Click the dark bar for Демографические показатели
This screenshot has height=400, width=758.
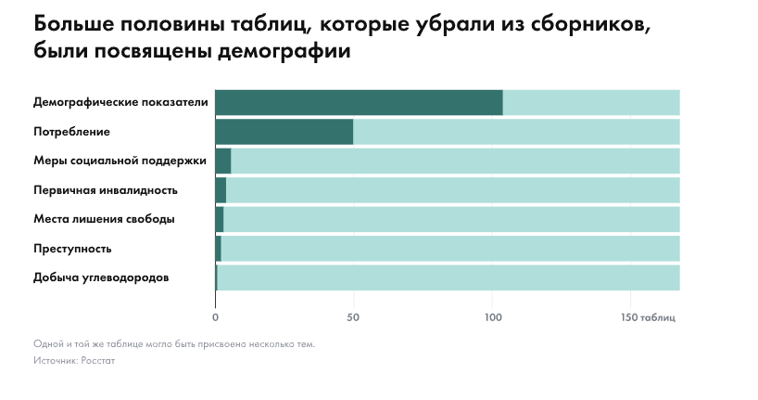[x=359, y=103]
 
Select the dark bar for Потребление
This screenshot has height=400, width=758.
[x=284, y=132]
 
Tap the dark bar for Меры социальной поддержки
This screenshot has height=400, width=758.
[x=222, y=161]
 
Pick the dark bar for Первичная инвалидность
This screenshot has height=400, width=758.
[x=221, y=190]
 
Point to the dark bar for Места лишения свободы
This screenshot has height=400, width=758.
[x=219, y=219]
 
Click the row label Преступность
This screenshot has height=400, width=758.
[x=72, y=249]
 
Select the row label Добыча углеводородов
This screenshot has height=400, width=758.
[x=101, y=278]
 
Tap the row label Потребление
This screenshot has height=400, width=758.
[x=71, y=132]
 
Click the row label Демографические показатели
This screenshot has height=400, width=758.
[x=120, y=102]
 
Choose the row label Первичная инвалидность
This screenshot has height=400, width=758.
[x=106, y=190]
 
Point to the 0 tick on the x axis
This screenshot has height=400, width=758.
[x=215, y=317]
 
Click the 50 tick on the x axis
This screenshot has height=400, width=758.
[x=353, y=317]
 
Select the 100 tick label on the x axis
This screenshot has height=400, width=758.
[x=493, y=317]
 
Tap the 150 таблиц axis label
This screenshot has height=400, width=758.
[x=648, y=317]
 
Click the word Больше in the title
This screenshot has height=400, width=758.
[x=73, y=24]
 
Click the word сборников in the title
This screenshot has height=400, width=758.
[x=590, y=24]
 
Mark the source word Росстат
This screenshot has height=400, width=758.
[x=98, y=361]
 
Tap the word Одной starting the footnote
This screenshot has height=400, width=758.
[x=49, y=344]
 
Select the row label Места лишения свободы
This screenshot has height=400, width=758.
[x=104, y=219]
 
